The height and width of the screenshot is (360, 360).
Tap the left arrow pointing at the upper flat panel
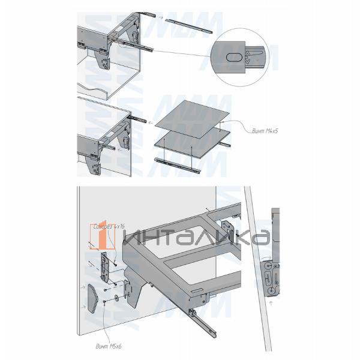coord(151,124)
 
